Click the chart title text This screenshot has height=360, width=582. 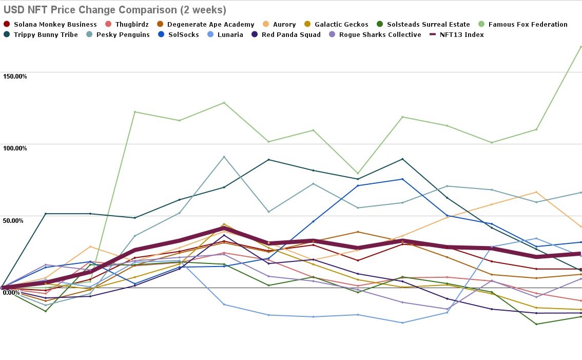point(114,10)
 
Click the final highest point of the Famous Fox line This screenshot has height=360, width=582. point(580,47)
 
